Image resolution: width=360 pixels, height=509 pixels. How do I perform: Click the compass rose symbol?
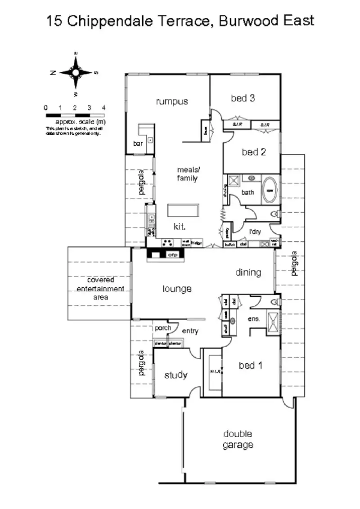point(76,72)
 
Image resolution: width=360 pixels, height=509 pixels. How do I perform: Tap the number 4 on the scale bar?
point(104,108)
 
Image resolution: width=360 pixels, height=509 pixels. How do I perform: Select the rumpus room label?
point(172,101)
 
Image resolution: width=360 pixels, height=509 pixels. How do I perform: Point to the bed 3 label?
point(243,98)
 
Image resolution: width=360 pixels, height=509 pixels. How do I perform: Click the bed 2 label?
point(254,152)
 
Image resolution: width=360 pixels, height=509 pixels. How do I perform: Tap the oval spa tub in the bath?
point(270,189)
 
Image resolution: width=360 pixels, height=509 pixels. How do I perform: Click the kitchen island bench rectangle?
point(183,210)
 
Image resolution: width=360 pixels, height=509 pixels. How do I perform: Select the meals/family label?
point(187,174)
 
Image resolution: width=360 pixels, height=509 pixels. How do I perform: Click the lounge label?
point(177,289)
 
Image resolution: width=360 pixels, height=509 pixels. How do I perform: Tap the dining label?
point(248,272)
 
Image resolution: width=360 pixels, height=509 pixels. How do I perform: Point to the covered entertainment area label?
point(100,288)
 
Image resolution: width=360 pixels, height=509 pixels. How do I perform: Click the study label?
point(175,375)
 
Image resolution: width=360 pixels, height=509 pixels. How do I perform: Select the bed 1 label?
point(250,365)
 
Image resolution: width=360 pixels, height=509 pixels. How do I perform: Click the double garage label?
point(238,439)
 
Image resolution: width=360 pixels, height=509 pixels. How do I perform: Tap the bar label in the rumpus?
point(138,143)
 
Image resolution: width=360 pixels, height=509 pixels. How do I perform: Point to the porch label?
point(163,328)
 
